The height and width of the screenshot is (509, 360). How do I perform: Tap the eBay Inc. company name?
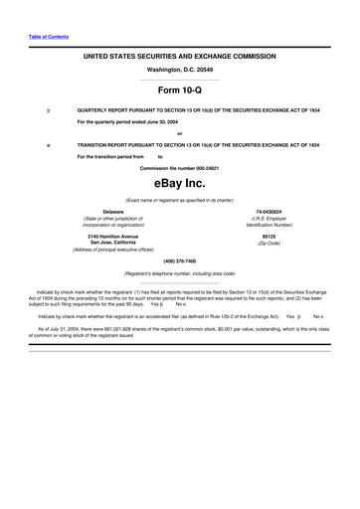click(179, 184)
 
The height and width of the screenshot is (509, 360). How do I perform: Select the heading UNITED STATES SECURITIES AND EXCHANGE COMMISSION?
click(179, 59)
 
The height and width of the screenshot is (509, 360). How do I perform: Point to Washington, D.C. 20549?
click(179, 71)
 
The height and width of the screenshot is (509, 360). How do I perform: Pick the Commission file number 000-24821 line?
click(179, 167)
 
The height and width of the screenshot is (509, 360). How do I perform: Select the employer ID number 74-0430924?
click(268, 212)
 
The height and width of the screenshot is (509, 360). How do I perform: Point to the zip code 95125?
click(269, 236)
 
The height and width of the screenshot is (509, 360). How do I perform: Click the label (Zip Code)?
click(269, 243)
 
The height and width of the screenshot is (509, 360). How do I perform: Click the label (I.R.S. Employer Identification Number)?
click(268, 222)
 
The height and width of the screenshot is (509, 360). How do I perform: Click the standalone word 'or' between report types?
click(179, 133)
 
